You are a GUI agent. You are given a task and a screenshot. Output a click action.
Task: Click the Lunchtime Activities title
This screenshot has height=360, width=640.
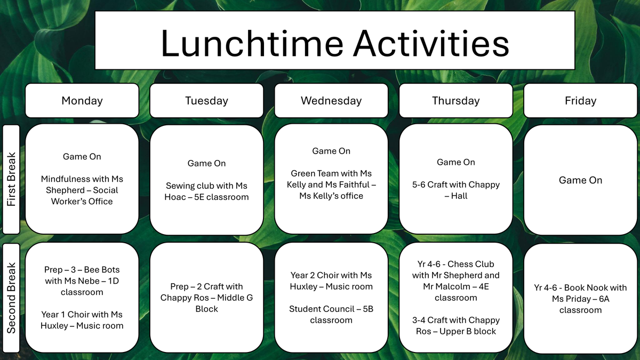click(335, 43)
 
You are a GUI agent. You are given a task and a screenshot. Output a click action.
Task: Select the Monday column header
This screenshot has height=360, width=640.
click(82, 101)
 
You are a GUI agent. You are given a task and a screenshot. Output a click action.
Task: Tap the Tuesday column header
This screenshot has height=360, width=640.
click(206, 101)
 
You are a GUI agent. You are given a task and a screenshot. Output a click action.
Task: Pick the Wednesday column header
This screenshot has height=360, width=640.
click(331, 101)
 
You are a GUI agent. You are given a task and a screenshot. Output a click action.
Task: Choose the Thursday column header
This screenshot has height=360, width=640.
click(455, 101)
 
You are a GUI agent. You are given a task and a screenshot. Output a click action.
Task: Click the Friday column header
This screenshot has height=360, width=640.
click(580, 101)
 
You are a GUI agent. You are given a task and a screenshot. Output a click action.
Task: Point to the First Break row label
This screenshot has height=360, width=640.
click(11, 179)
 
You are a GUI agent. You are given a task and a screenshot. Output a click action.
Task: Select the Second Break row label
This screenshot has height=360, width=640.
click(11, 298)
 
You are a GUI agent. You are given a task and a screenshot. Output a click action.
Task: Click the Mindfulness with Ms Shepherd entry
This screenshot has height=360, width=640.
click(82, 190)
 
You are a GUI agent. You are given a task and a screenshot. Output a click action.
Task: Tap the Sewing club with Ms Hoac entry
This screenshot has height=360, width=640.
click(206, 191)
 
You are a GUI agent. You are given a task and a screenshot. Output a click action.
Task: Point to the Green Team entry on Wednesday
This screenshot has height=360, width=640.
click(331, 185)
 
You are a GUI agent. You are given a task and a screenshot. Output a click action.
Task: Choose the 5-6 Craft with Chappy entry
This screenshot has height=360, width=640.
click(455, 190)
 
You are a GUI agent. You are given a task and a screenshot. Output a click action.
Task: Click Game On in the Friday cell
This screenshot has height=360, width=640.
click(580, 180)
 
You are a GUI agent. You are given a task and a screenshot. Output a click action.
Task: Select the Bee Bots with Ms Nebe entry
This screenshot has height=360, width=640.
click(82, 281)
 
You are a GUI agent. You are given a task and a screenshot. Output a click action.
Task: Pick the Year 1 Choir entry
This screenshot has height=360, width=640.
click(82, 319)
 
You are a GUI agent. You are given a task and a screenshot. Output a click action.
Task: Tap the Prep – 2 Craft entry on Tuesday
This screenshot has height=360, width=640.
click(206, 298)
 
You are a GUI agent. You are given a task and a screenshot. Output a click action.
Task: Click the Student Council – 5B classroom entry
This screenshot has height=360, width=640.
click(331, 314)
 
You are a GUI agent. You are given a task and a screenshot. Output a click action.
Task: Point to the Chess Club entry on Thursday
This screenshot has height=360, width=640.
click(455, 281)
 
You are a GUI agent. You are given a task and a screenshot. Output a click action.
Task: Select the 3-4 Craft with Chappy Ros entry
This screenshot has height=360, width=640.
click(455, 325)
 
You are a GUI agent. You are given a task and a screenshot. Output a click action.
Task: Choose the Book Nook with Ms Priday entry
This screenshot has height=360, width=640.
click(580, 299)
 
